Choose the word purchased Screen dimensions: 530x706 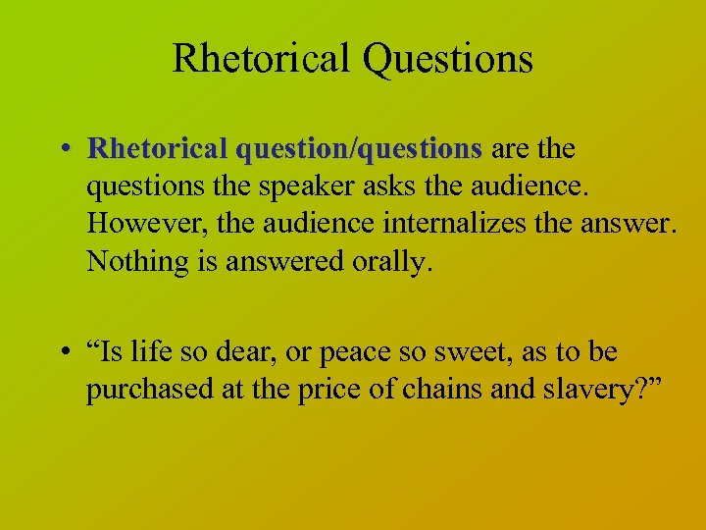138,389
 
